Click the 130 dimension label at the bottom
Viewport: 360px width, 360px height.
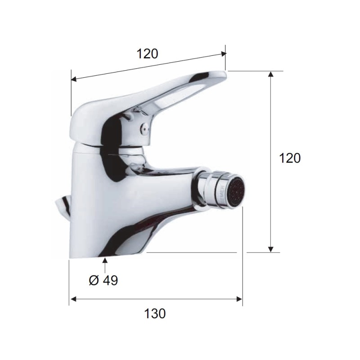pyautogui.click(x=155, y=314)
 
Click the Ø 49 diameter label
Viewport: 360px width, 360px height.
pyautogui.click(x=103, y=280)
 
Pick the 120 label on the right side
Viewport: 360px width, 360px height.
pyautogui.click(x=289, y=158)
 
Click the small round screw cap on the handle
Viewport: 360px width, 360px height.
pyautogui.click(x=144, y=128)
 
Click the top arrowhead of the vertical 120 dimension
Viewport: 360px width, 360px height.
pyautogui.click(x=270, y=74)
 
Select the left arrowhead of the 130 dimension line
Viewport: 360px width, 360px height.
pyautogui.click(x=72, y=299)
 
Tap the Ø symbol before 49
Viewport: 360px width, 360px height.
pyautogui.click(x=93, y=280)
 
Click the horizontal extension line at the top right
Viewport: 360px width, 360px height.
pyautogui.click(x=256, y=71)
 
